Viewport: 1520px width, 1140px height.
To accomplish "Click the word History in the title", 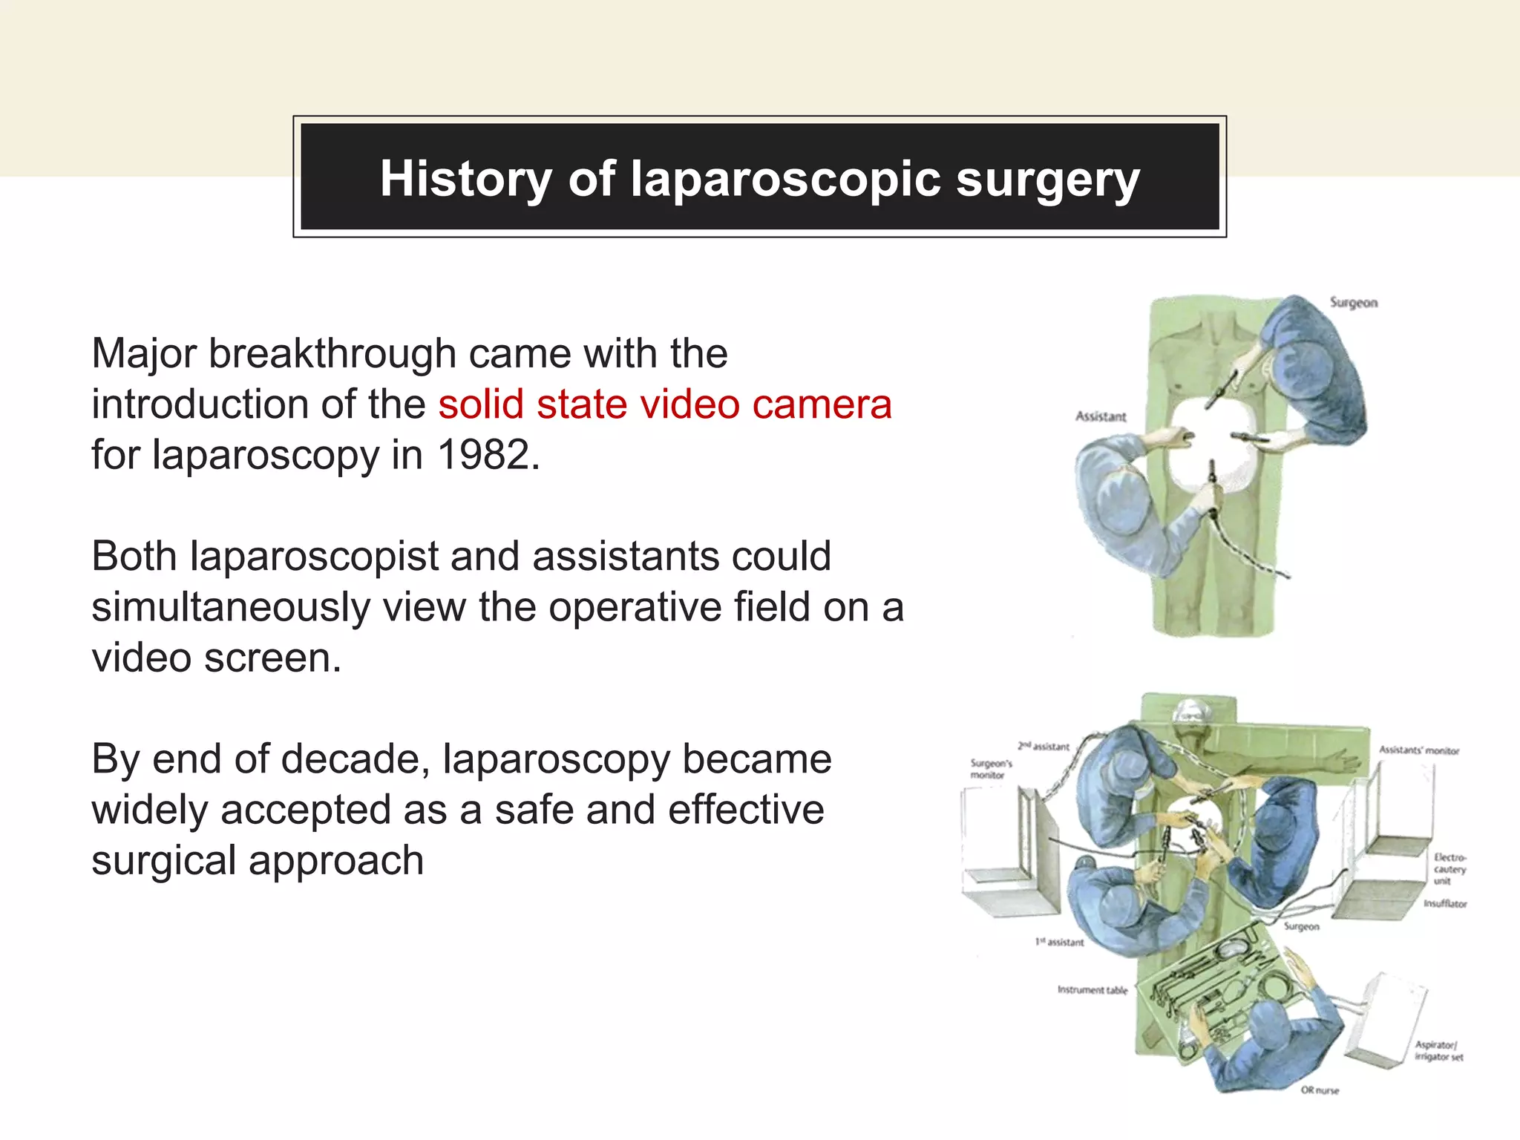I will coord(465,179).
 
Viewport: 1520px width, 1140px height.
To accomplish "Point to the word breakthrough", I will coord(332,353).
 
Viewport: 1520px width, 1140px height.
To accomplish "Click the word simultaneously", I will coord(230,608).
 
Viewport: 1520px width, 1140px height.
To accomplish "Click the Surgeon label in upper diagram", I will coord(1353,303).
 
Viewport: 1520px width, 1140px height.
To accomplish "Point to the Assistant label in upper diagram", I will coord(1101,416).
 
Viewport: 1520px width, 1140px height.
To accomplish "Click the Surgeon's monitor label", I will coord(991,769).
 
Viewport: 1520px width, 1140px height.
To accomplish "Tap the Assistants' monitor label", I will coord(1418,750).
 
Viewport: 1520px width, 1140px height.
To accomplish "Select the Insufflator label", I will coord(1444,903).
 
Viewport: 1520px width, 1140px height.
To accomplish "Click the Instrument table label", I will coord(1092,989).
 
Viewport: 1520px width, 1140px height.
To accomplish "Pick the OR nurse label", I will coord(1320,1090).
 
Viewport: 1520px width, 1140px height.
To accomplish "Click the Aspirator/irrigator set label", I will coord(1438,1050).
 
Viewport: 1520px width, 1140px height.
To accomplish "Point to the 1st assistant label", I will coord(1059,942).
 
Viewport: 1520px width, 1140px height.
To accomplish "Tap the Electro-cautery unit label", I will coord(1449,868).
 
